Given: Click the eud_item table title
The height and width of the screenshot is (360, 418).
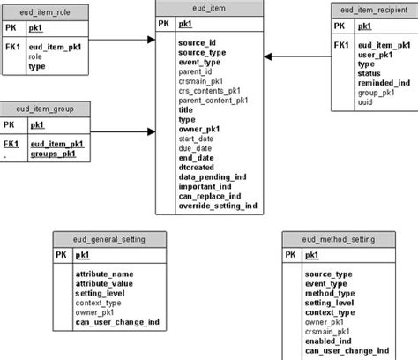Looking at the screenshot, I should click(x=207, y=8).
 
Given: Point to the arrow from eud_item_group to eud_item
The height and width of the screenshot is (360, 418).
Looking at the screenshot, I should click(x=123, y=131).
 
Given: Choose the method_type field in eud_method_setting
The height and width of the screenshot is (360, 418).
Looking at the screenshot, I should click(x=330, y=293).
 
